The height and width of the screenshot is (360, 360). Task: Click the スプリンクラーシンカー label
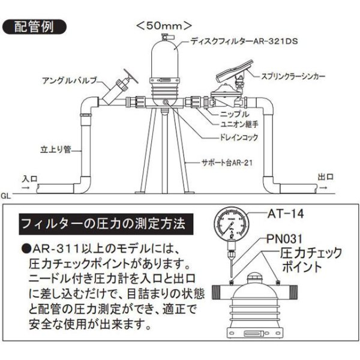[293, 77]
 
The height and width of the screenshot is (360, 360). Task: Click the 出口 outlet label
[326, 178]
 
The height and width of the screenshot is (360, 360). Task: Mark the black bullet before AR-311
[25, 248]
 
